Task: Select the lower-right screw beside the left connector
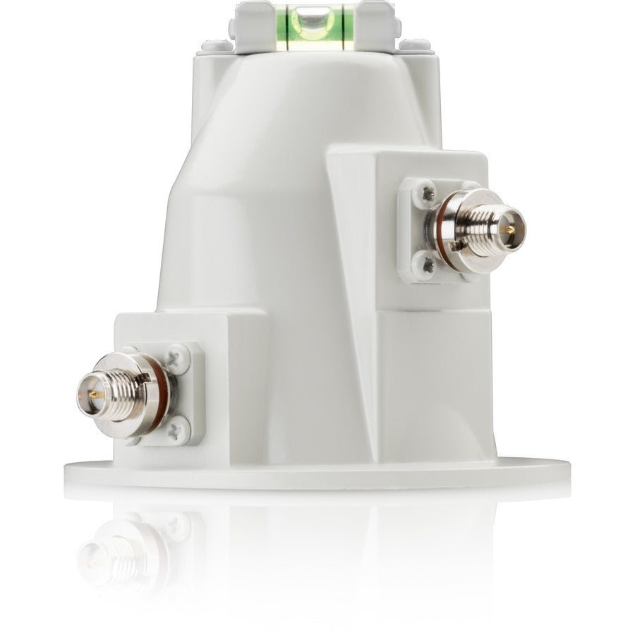coord(179,425)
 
